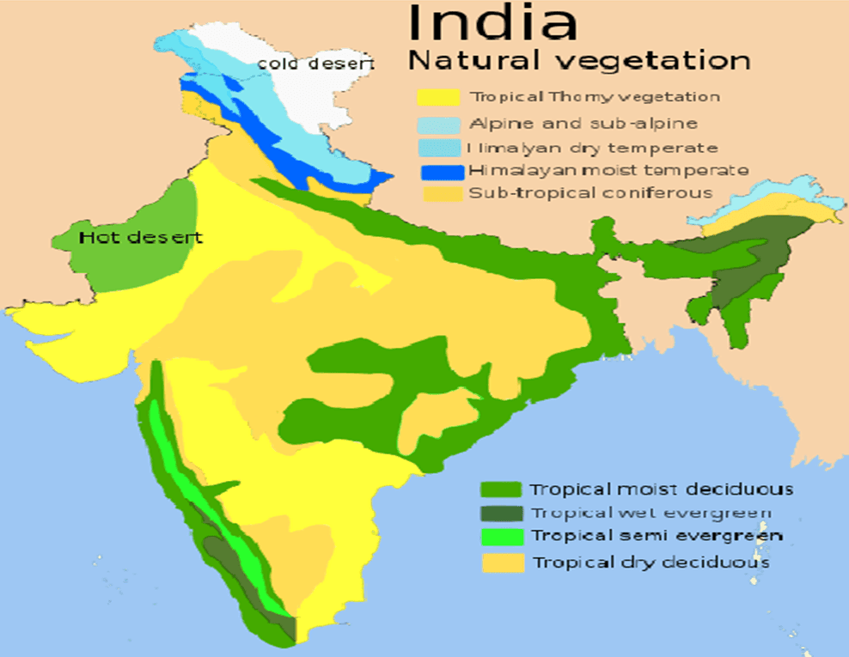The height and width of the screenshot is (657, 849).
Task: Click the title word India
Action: [x=492, y=23]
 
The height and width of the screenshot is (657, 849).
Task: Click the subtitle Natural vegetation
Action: [x=578, y=62]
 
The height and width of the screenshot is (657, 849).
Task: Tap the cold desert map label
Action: [x=315, y=64]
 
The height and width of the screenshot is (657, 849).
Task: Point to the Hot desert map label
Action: [x=141, y=237]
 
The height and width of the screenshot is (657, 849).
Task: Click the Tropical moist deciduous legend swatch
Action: [x=500, y=490]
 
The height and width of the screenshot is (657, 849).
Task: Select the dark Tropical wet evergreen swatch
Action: [x=500, y=514]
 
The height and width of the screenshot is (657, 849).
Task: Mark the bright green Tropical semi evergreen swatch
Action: [x=500, y=537]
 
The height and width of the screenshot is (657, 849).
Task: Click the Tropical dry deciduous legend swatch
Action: [x=500, y=563]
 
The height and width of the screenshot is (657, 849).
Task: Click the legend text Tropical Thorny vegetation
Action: [x=595, y=98]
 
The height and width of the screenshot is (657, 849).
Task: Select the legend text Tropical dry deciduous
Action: [x=650, y=563]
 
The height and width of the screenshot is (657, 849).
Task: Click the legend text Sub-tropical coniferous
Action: [x=590, y=193]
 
